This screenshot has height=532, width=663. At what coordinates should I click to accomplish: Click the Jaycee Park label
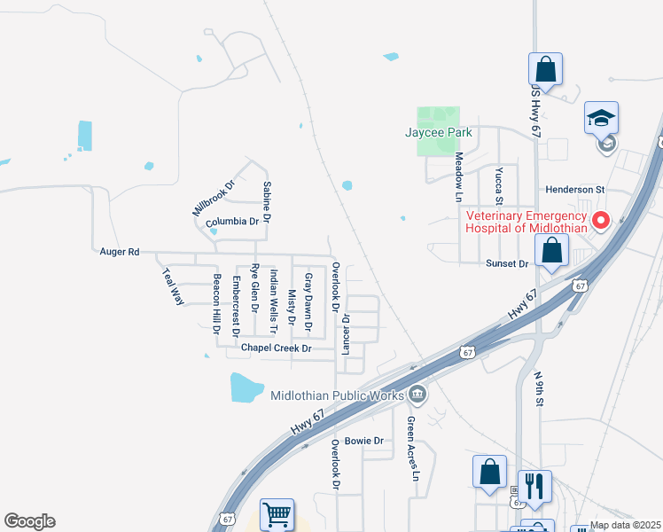pyautogui.click(x=438, y=133)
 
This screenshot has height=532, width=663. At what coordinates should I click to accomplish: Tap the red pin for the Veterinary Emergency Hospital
pyautogui.click(x=601, y=219)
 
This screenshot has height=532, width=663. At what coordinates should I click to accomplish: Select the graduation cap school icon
pyautogui.click(x=601, y=119)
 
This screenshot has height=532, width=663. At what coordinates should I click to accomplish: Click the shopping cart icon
pyautogui.click(x=277, y=514)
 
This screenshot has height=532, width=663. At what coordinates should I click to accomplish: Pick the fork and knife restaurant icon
pyautogui.click(x=534, y=486)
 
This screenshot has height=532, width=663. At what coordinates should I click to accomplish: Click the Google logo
pyautogui.click(x=29, y=521)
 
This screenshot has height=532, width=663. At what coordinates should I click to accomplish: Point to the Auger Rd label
pyautogui.click(x=120, y=252)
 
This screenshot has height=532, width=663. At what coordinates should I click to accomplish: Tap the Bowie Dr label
pyautogui.click(x=363, y=441)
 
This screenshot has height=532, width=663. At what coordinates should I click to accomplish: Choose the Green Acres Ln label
pyautogui.click(x=412, y=449)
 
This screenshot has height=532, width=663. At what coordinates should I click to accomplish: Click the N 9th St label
pyautogui.click(x=539, y=388)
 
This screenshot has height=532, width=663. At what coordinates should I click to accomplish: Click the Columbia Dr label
pyautogui.click(x=232, y=222)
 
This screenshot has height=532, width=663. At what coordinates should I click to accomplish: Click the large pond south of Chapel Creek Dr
pyautogui.click(x=246, y=387)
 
